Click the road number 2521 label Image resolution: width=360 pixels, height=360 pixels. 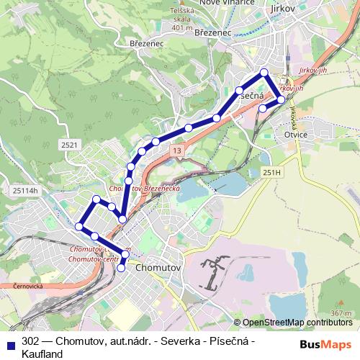coord(69,145)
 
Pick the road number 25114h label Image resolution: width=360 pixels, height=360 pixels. coord(24,190)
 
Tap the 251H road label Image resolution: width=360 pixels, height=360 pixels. coord(271,173)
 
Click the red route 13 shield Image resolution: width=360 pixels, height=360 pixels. coord(176,150)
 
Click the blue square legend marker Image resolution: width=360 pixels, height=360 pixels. coord(11,343)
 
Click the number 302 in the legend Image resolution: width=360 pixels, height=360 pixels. coord(31,341)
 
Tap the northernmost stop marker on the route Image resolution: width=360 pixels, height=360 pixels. coord(264,72)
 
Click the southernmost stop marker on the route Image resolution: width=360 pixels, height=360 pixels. coord(121,268)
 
